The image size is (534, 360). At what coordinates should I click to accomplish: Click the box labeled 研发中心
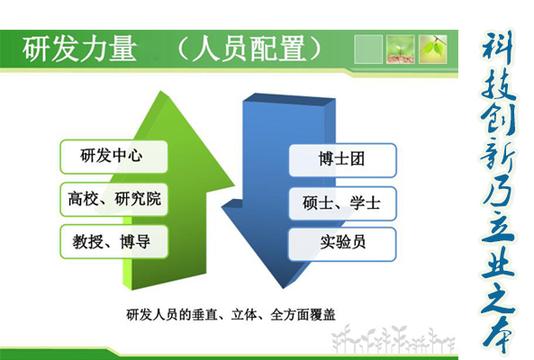pos(113,157)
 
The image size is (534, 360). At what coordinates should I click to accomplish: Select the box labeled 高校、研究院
pos(113,199)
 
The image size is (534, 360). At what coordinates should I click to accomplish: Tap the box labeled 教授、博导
pos(113,241)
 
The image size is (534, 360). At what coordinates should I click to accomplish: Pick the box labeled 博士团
pos(342,160)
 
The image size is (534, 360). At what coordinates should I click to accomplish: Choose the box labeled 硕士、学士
pos(342,203)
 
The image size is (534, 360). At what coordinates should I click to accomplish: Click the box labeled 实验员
pos(342,244)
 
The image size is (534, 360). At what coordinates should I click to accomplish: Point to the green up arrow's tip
pos(161,91)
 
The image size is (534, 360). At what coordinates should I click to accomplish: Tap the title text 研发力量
pos(79,49)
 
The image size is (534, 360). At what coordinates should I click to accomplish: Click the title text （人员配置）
pos(249,49)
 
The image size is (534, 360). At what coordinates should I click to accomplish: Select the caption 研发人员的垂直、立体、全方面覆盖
pos(231,315)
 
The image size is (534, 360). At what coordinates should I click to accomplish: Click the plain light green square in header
pos(368,49)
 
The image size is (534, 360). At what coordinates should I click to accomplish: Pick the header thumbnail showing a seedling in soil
pos(401,49)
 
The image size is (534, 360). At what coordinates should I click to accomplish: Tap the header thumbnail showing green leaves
pos(433,49)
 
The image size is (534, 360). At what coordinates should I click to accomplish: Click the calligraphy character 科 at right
pos(498,48)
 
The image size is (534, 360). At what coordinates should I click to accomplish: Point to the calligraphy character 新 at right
pos(498,155)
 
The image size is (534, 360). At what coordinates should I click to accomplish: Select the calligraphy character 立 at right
pos(498,226)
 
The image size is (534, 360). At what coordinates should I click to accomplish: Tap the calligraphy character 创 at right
pos(498,119)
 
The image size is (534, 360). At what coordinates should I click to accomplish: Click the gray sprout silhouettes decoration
pos(394,338)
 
